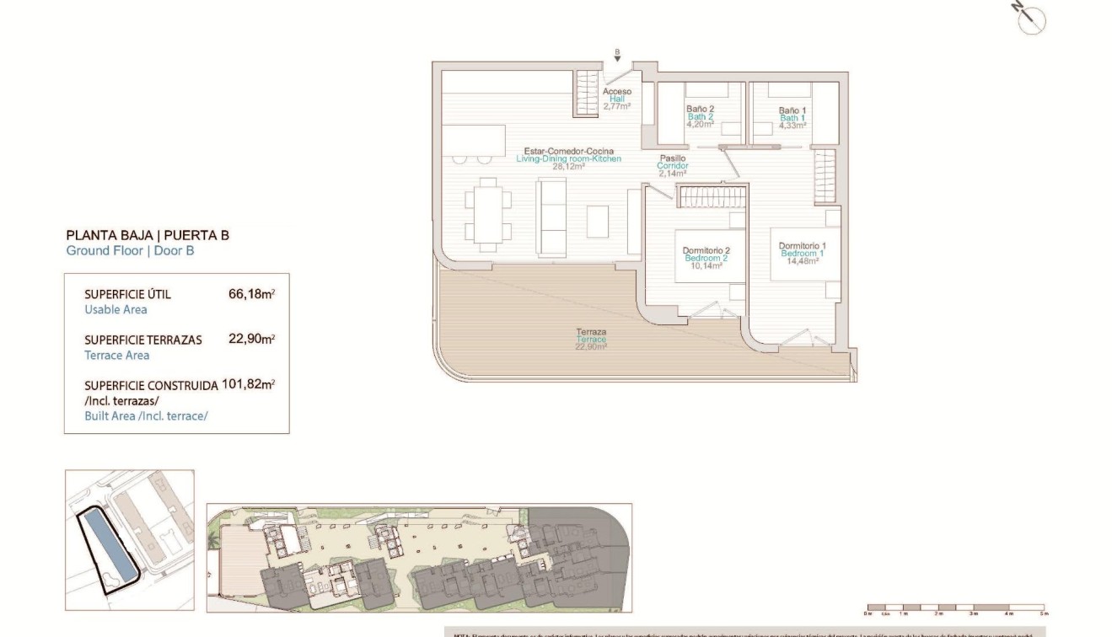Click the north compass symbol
pos(1031,19)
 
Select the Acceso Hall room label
pos(616,99)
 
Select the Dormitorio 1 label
pos(802,253)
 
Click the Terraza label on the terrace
pos(592,339)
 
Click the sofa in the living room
pos(553,217)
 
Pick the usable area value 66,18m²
pos(252,294)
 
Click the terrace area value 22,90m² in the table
pos(252,340)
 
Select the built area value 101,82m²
pos(248,385)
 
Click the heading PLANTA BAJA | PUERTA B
pos(148,235)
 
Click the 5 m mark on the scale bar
pos(1044,613)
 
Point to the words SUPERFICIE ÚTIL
pos(127,295)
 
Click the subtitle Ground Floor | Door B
pos(130,250)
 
